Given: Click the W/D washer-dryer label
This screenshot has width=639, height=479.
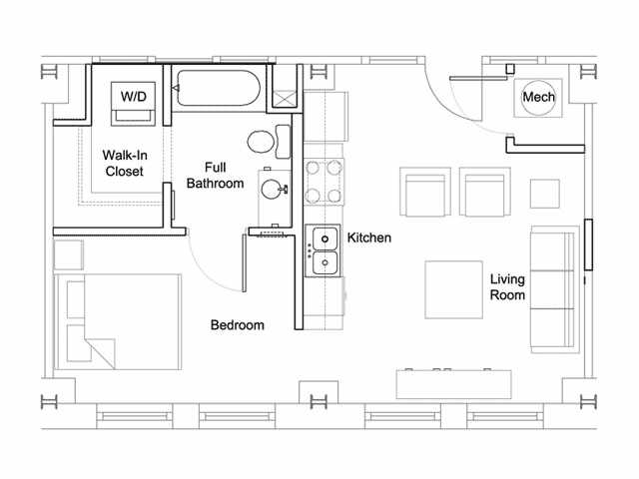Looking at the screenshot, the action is [133, 97].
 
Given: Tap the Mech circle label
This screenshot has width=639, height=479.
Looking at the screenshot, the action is [538, 97].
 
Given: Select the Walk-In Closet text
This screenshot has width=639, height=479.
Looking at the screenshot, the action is [125, 163].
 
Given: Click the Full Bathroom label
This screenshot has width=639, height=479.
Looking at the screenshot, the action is [215, 176].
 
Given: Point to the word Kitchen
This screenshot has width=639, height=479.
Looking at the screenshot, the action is [369, 238].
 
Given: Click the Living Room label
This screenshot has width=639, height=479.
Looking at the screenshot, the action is [507, 287].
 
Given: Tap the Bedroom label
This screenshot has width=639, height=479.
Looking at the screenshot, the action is [238, 325].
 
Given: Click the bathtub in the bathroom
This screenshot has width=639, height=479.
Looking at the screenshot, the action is [219, 88].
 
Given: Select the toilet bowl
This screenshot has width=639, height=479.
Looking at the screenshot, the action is [260, 142].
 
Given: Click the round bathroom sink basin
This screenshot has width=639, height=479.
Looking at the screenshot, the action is [271, 190].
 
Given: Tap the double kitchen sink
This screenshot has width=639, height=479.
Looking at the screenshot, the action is [323, 250].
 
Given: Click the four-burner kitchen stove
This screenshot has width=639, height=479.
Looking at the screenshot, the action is [323, 182].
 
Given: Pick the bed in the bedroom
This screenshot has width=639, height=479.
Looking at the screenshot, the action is [118, 321].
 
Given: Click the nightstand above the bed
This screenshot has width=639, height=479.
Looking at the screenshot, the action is [69, 255].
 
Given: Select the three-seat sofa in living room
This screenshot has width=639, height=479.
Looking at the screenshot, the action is [555, 289].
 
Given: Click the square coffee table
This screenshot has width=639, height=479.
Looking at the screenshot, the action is [454, 289].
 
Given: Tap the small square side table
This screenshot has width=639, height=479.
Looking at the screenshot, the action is [545, 194].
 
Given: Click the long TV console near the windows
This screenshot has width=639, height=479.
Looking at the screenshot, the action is [454, 384].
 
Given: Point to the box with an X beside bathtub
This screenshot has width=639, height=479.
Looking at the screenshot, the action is [284, 99].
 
